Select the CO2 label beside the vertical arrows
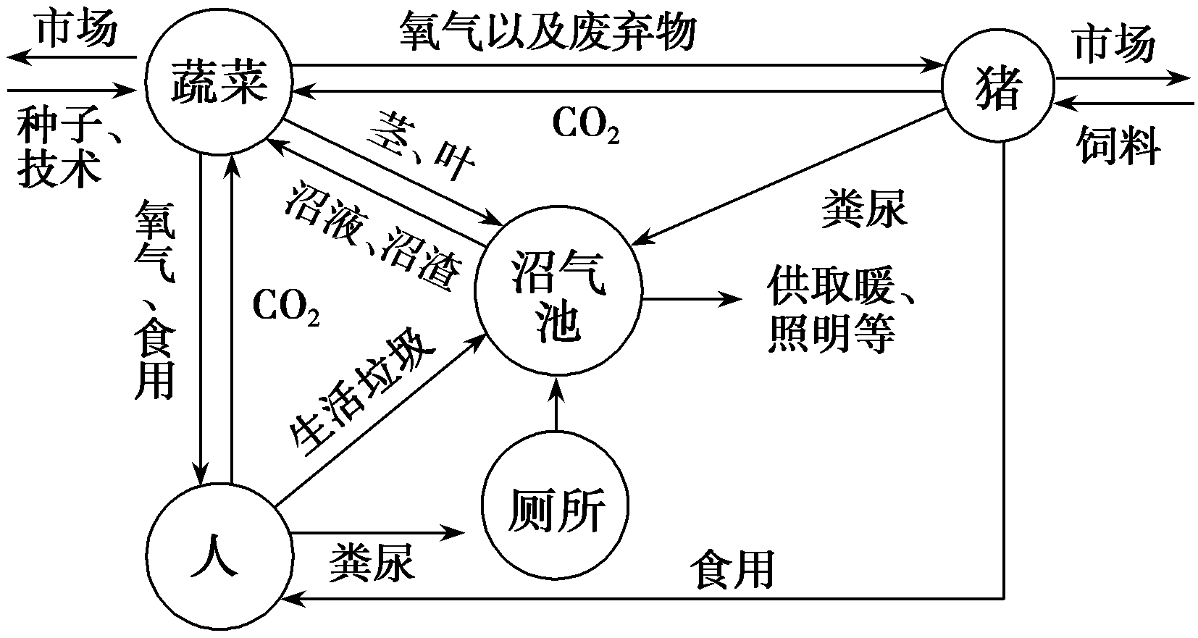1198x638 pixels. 285,308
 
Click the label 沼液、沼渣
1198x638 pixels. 374,237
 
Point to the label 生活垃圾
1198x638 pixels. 361,395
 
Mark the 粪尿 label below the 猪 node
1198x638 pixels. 863,210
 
